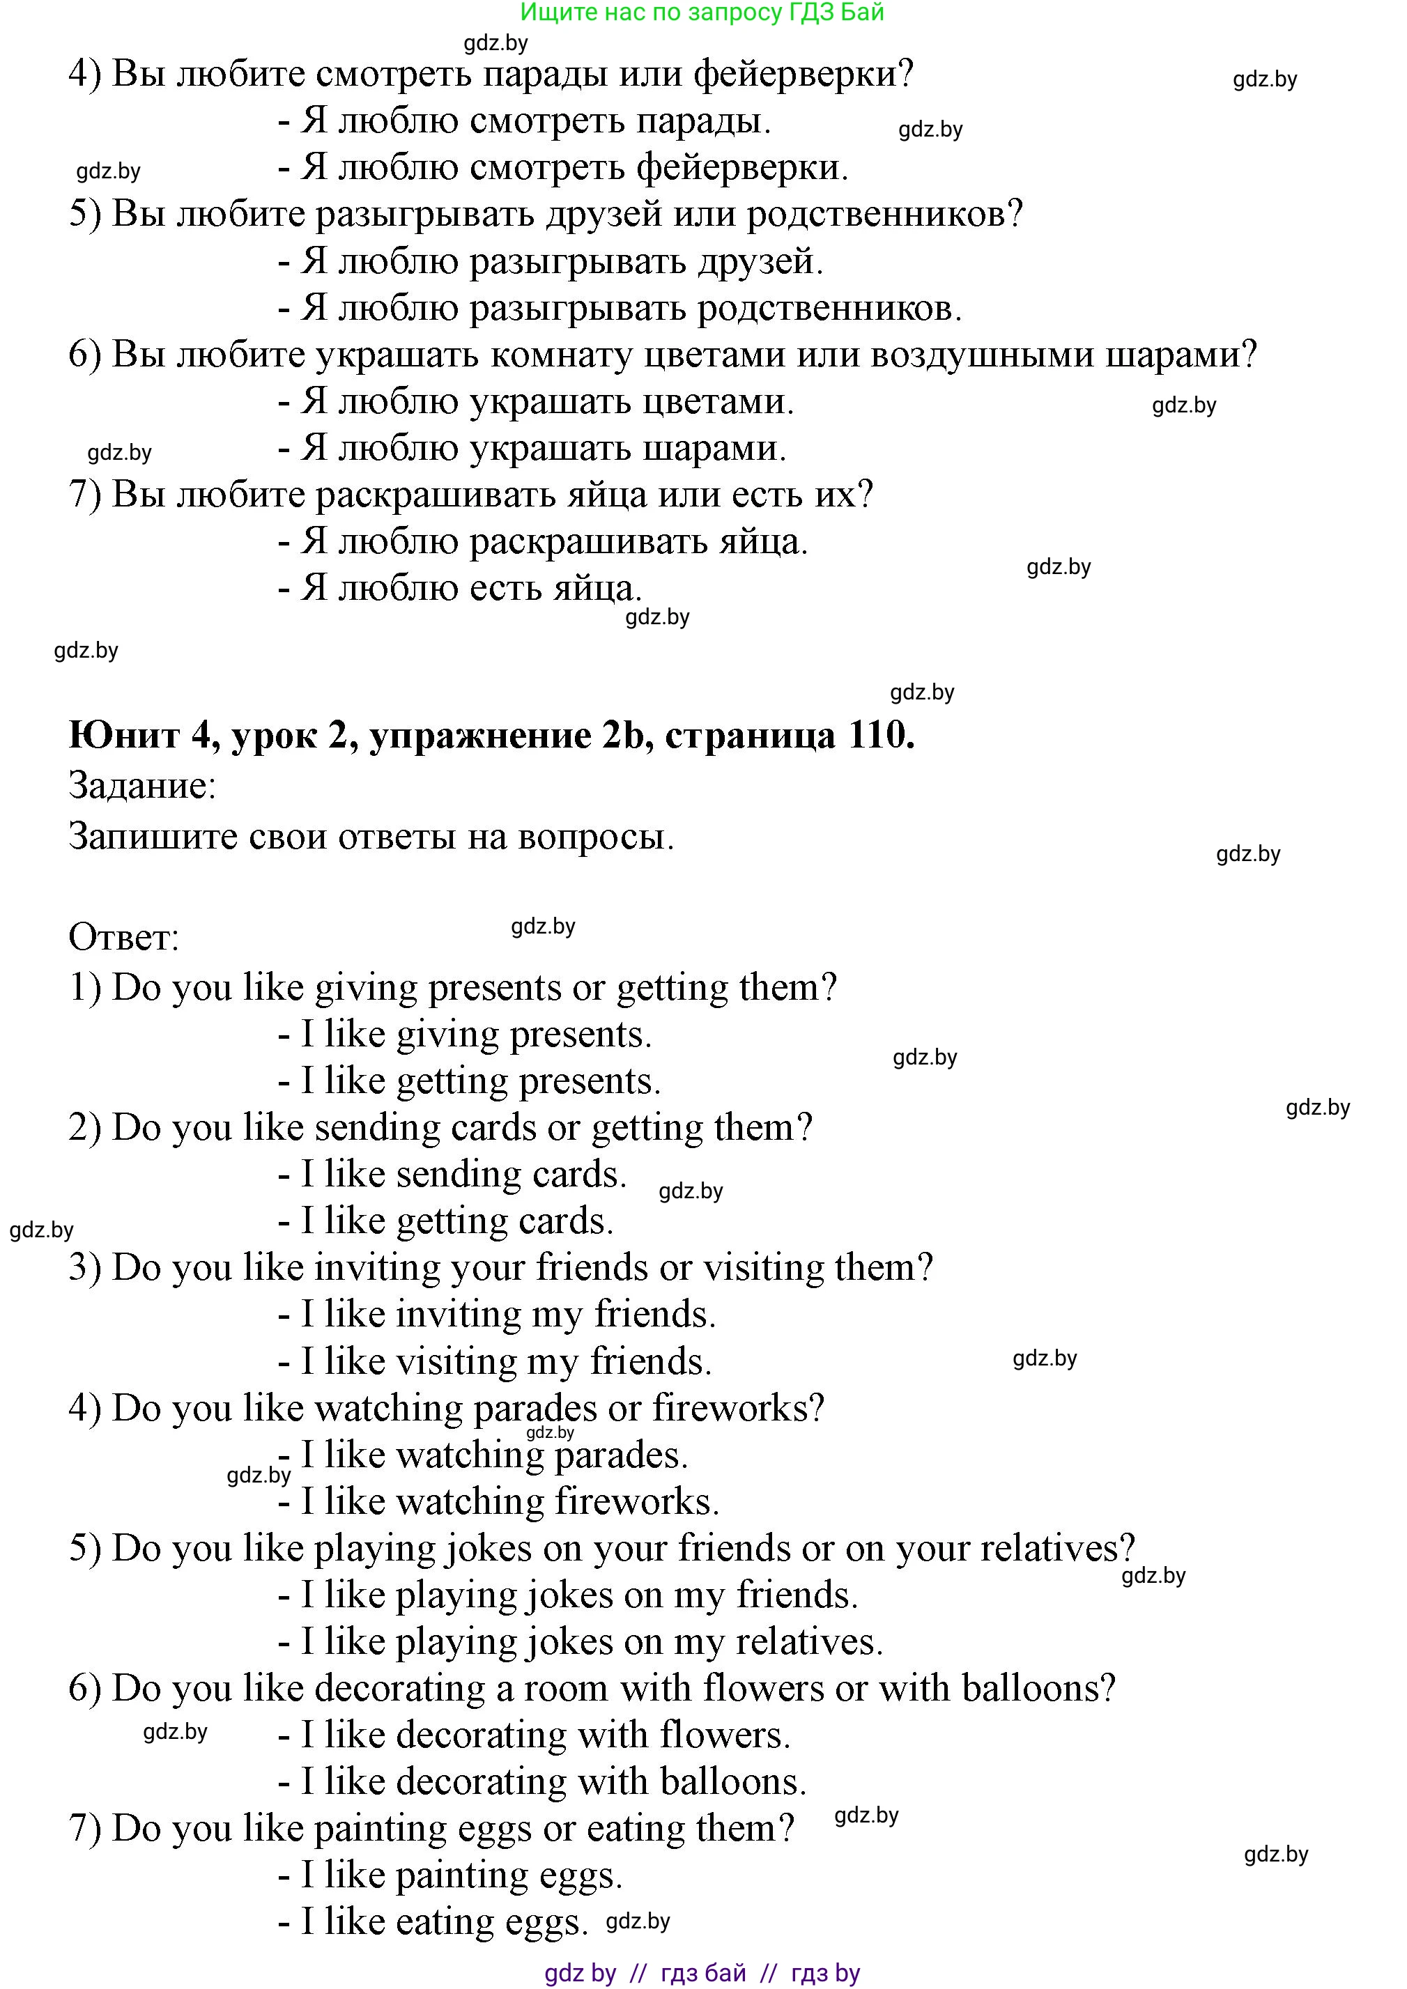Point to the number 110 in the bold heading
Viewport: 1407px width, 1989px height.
(876, 736)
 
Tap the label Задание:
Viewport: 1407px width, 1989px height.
(142, 787)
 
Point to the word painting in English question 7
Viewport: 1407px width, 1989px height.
(380, 1829)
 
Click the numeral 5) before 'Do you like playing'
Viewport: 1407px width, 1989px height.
(85, 1549)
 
